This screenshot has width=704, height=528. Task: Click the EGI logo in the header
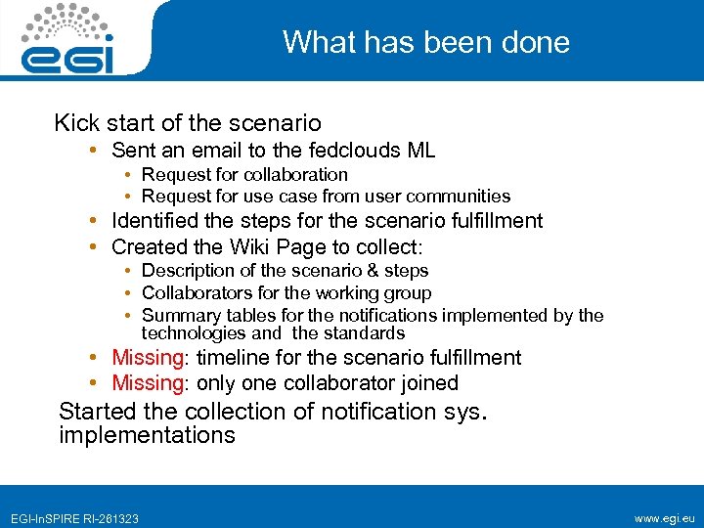click(68, 39)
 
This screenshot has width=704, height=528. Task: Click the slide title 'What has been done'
click(425, 42)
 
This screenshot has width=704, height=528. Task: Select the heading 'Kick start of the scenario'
click(188, 123)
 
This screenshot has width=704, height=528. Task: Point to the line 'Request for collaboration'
click(244, 175)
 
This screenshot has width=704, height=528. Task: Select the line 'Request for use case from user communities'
click(326, 196)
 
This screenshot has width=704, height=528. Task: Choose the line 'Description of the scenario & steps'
click(285, 271)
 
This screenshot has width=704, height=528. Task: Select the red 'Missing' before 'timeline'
click(148, 358)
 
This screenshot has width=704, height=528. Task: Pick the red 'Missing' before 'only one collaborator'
click(148, 382)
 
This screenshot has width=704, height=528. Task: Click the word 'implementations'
click(147, 435)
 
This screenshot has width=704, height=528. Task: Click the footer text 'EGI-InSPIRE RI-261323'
click(74, 518)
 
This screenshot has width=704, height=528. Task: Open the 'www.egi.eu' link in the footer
click(665, 517)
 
